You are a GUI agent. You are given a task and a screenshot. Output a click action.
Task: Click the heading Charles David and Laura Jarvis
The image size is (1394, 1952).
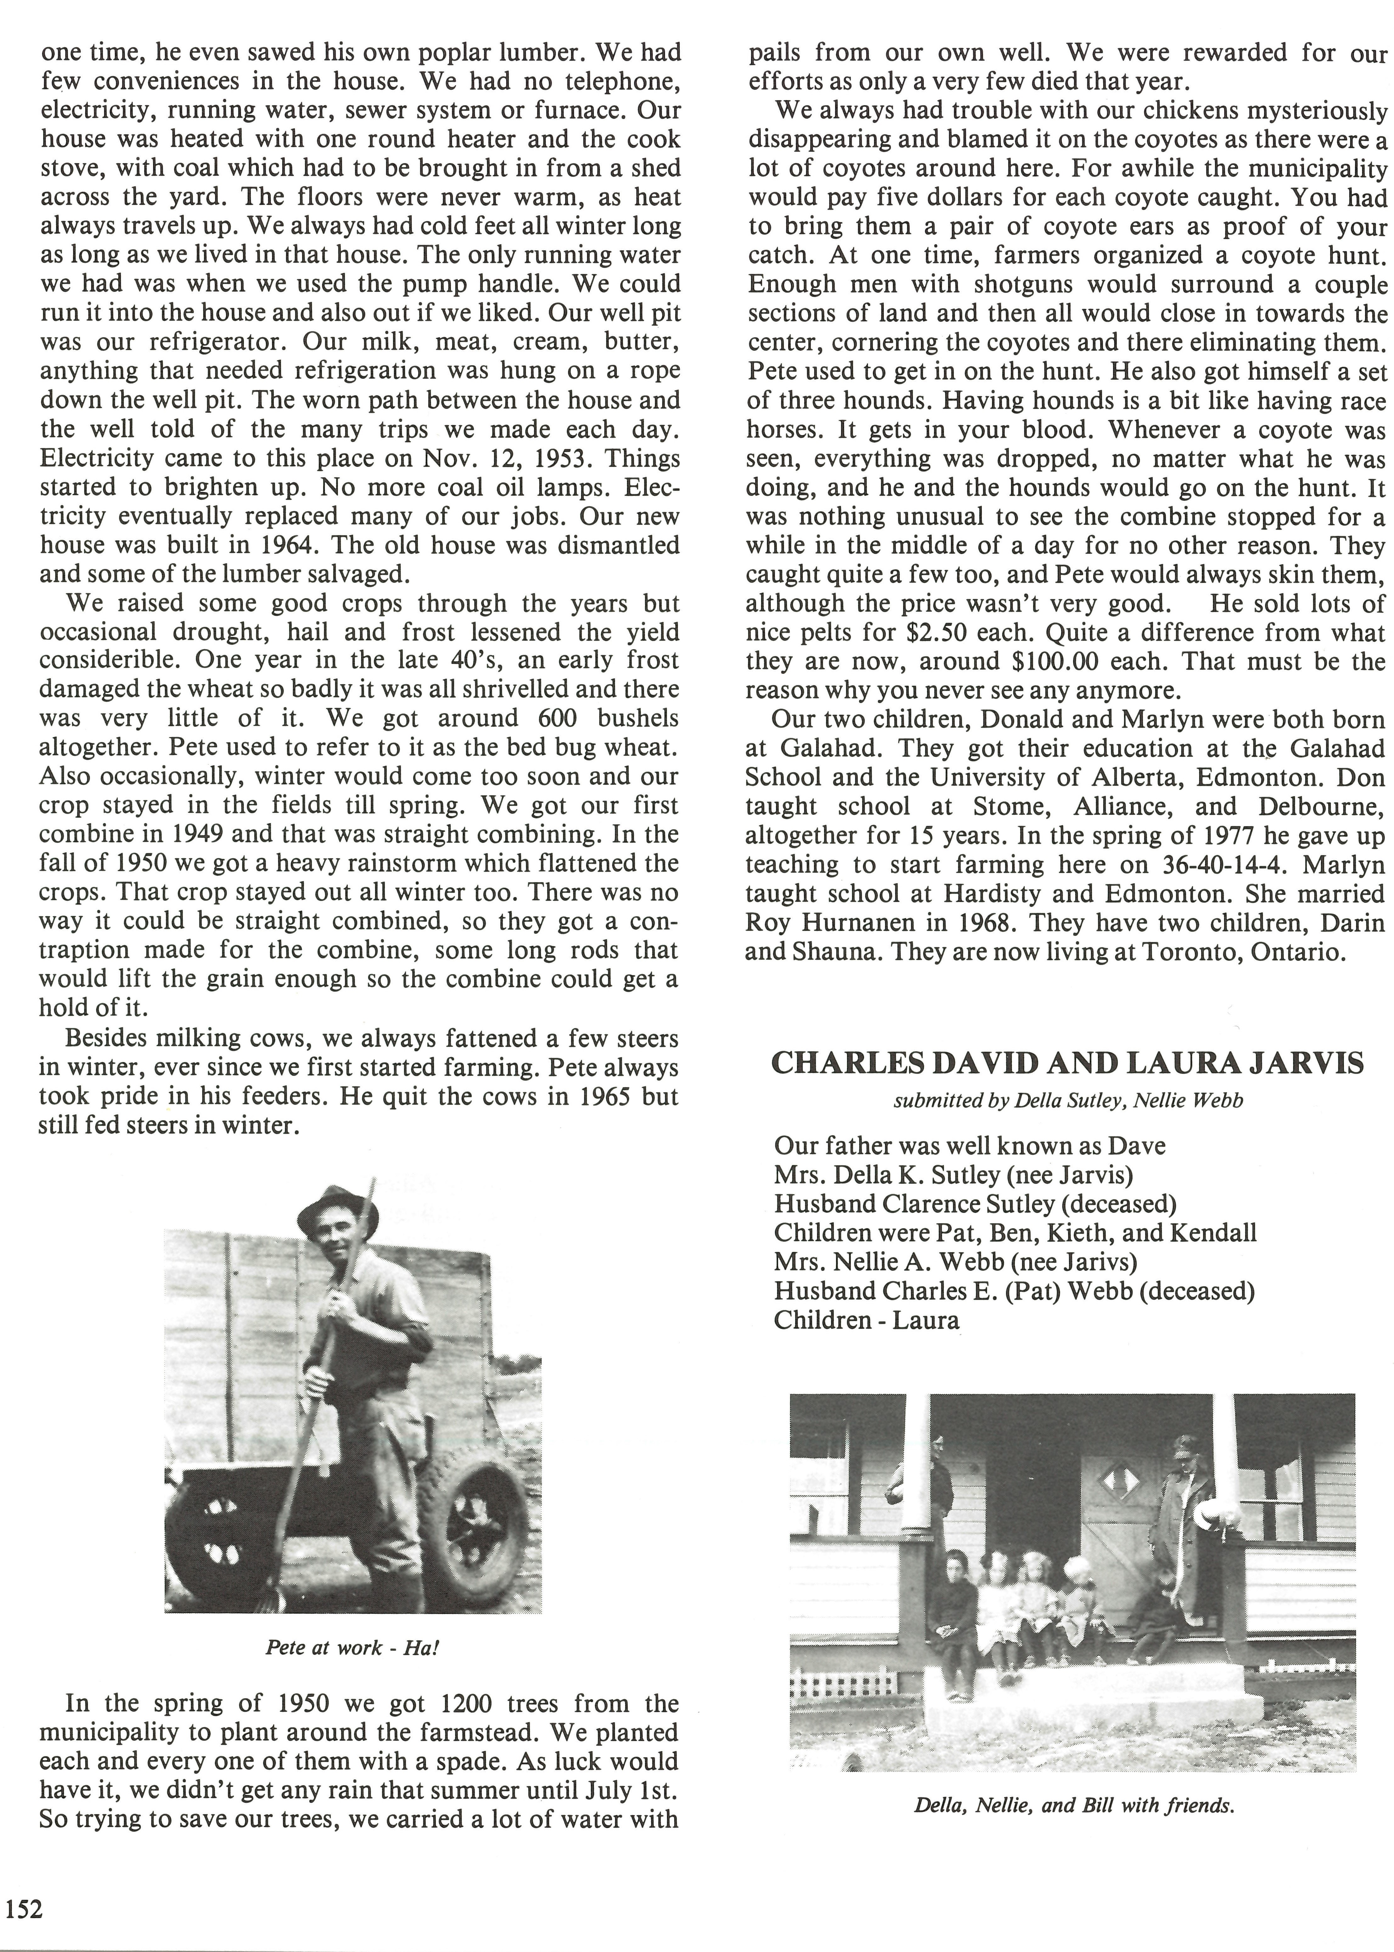pyautogui.click(x=1067, y=1064)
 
